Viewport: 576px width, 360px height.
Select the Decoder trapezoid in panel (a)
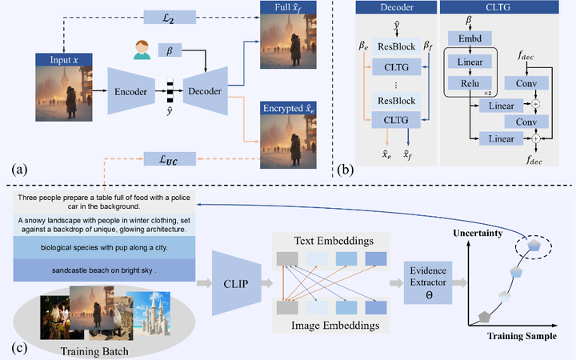pyautogui.click(x=205, y=91)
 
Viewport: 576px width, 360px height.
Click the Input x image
pyautogui.click(x=59, y=90)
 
